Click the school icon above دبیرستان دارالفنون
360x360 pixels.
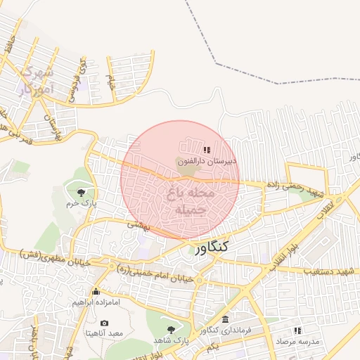[207, 150]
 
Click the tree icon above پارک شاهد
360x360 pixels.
[172, 329]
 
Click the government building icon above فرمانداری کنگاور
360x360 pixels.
[225, 320]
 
